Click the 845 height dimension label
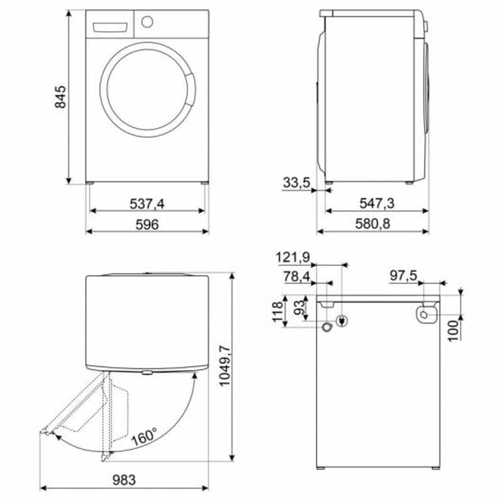[60, 96]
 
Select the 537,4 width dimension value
[147, 204]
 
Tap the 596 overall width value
[147, 224]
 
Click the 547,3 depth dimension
[377, 203]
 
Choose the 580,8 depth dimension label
[373, 224]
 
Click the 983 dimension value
[124, 480]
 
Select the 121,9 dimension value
[293, 258]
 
